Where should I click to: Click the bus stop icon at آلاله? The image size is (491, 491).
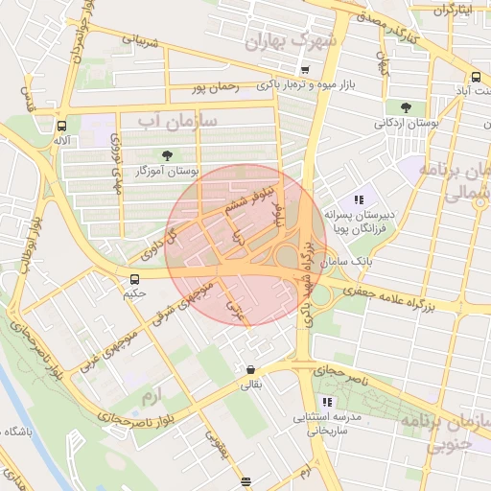click(62, 126)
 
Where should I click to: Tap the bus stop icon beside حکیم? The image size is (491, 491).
click(135, 279)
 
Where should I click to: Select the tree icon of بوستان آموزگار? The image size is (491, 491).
click(169, 155)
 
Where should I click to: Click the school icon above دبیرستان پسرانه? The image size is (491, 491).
click(358, 199)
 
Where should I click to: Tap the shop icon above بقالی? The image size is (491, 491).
click(250, 370)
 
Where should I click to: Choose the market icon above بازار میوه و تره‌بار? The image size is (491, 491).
click(305, 70)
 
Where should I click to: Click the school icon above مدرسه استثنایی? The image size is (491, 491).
click(327, 402)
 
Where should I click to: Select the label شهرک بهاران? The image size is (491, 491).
click(292, 41)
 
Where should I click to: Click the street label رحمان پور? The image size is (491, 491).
click(213, 87)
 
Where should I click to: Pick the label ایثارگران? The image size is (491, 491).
click(454, 10)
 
